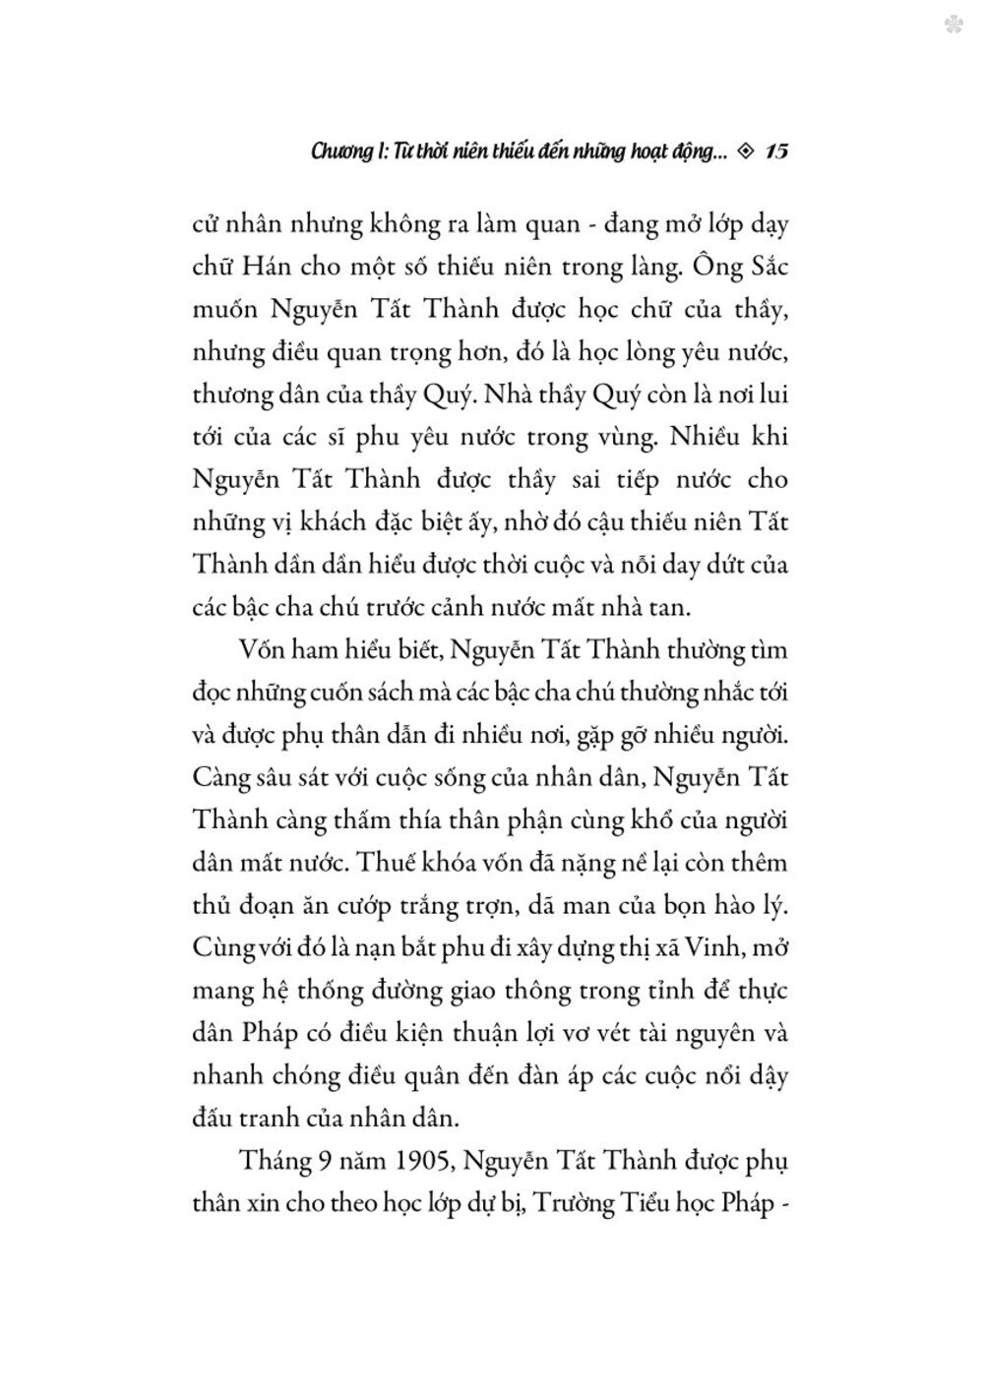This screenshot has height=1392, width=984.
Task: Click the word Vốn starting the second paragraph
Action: coord(263,650)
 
